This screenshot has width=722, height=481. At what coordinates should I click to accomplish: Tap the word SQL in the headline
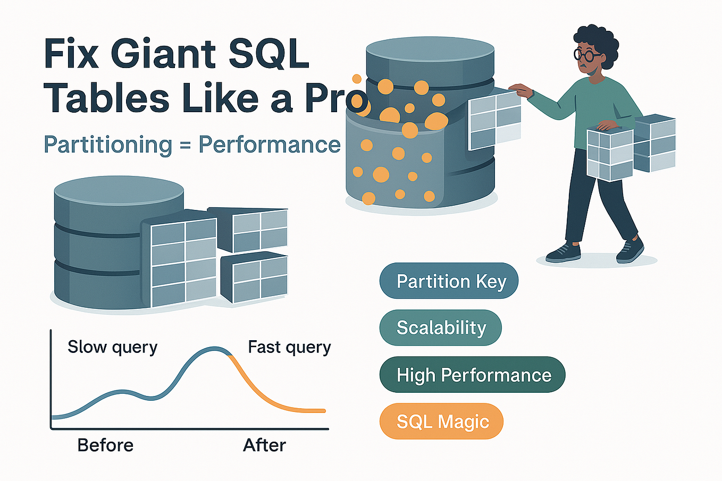272,54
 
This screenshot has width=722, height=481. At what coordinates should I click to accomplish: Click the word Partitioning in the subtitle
108,145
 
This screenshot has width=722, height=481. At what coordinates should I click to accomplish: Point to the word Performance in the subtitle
269,145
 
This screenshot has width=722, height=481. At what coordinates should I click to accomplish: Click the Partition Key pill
449,281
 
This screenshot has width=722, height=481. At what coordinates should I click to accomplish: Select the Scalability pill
441,328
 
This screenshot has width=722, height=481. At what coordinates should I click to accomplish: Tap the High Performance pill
472,375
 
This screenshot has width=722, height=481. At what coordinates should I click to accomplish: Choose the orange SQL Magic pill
441,421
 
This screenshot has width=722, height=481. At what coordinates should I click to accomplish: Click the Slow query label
112,347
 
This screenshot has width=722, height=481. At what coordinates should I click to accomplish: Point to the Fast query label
289,347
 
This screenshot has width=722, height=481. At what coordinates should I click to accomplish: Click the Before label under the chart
105,445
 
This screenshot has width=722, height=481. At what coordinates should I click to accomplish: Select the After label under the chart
264,445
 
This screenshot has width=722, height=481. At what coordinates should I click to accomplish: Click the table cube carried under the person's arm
610,154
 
